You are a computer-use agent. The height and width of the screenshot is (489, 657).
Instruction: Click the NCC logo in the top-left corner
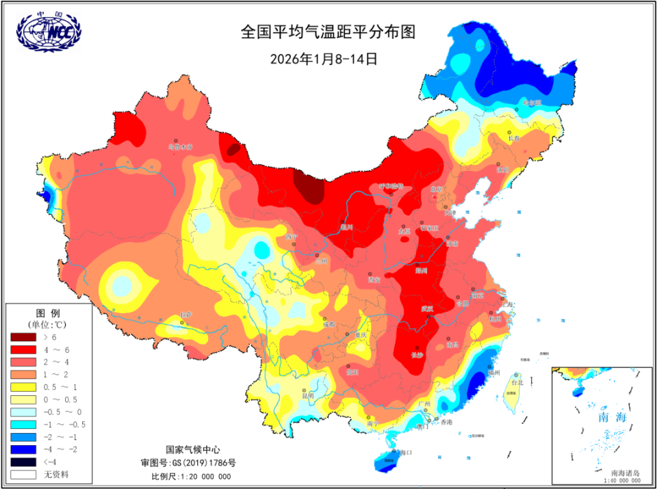(x=48, y=31)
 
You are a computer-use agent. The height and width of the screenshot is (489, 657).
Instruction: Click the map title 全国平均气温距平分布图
(x=328, y=32)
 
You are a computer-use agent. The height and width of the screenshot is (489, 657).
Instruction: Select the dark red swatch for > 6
(x=25, y=338)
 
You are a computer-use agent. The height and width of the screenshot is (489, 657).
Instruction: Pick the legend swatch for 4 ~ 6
(x=25, y=349)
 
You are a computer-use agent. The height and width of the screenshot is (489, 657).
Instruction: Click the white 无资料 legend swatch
(x=25, y=473)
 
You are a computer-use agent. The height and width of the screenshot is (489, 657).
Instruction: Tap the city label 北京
(x=437, y=189)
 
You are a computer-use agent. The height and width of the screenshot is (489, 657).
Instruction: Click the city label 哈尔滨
(x=532, y=103)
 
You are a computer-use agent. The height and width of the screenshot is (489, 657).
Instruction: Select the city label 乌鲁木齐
(x=181, y=146)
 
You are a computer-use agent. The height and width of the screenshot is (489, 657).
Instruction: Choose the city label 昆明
(x=307, y=395)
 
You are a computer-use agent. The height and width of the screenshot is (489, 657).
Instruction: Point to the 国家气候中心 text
(x=193, y=450)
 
